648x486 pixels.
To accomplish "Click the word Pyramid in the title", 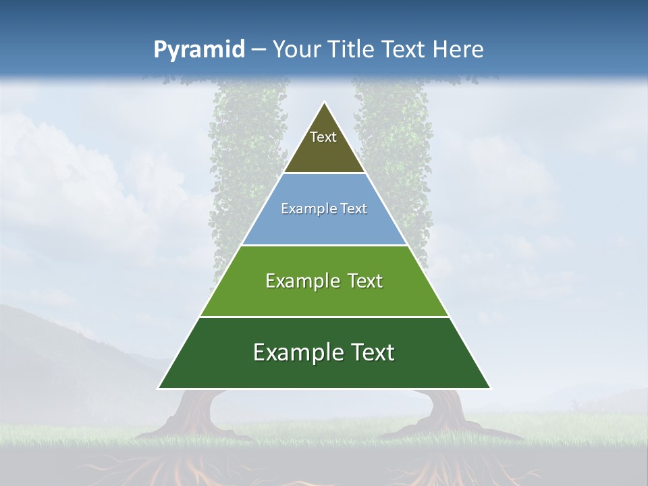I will pyautogui.click(x=198, y=50).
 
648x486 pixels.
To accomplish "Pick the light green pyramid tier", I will pyautogui.click(x=324, y=297).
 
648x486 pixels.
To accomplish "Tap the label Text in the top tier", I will pyautogui.click(x=323, y=137).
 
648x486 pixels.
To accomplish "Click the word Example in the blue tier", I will pyautogui.click(x=304, y=209).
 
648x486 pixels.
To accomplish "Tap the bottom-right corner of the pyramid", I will pyautogui.click(x=490, y=388).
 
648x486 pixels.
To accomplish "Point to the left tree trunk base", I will pyautogui.click(x=196, y=415).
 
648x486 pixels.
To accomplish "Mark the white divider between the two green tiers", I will pyautogui.click(x=324, y=317).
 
